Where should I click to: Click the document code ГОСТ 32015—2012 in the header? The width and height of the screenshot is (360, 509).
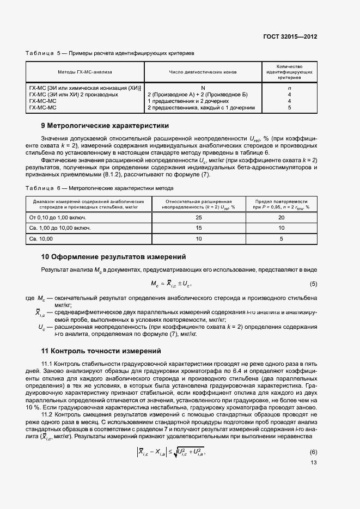290,36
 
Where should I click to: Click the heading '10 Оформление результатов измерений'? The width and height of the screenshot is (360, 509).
114,256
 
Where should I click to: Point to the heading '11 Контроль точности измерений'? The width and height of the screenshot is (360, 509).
101,351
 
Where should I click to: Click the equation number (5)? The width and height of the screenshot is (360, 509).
313,284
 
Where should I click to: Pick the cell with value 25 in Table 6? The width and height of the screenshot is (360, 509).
199,218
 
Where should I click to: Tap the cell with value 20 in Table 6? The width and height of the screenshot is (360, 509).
281,218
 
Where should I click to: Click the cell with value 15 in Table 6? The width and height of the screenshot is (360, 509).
199,228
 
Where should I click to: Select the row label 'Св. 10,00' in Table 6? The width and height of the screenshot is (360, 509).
41,238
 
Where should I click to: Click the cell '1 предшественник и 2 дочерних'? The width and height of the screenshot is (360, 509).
188,101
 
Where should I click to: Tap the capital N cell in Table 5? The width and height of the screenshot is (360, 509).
203,87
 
